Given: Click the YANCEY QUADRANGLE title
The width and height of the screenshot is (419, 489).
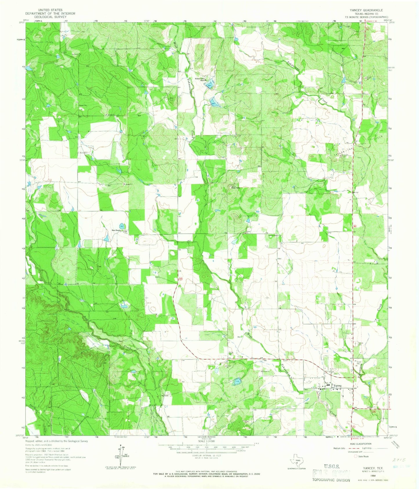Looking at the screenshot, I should [367, 10].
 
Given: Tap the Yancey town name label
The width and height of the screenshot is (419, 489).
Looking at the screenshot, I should [338, 385].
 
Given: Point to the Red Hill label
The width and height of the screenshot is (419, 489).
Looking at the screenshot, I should [235, 188].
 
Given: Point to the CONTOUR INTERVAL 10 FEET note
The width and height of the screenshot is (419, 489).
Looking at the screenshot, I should [206, 456].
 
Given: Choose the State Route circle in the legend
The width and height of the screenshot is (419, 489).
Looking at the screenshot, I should [356, 456].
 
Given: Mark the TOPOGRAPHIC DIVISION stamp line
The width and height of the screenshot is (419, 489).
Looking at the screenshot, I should [331, 480].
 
